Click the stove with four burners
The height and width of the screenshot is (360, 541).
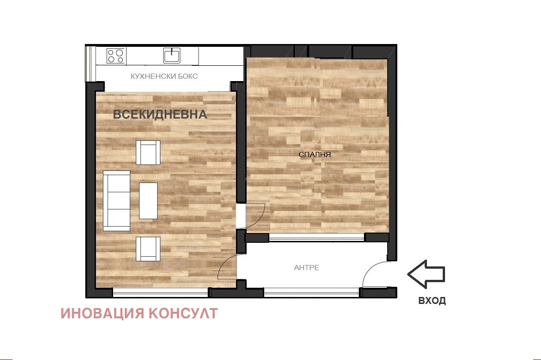[116, 56]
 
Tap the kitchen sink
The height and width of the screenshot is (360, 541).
[171, 55]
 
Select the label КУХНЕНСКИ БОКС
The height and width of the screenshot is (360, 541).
[165, 76]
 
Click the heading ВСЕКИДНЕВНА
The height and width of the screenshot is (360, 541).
[160, 114]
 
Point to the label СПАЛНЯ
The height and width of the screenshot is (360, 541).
[314, 154]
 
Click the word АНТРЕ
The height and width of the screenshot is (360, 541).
[306, 267]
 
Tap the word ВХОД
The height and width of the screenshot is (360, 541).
[432, 301]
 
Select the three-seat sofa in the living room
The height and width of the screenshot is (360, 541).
[116, 200]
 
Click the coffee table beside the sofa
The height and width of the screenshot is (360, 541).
[148, 201]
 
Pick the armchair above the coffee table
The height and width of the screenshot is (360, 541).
[148, 152]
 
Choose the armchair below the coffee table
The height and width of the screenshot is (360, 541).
[148, 249]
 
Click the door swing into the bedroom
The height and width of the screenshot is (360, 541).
[255, 216]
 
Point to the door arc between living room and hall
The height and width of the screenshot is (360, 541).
[228, 267]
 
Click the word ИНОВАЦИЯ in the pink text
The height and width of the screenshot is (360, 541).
[103, 314]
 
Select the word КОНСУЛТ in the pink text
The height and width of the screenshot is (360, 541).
[183, 314]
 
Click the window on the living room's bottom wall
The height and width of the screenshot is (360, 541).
[160, 292]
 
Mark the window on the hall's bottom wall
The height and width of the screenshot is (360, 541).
[312, 292]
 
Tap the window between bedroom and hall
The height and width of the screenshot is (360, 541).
[317, 238]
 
